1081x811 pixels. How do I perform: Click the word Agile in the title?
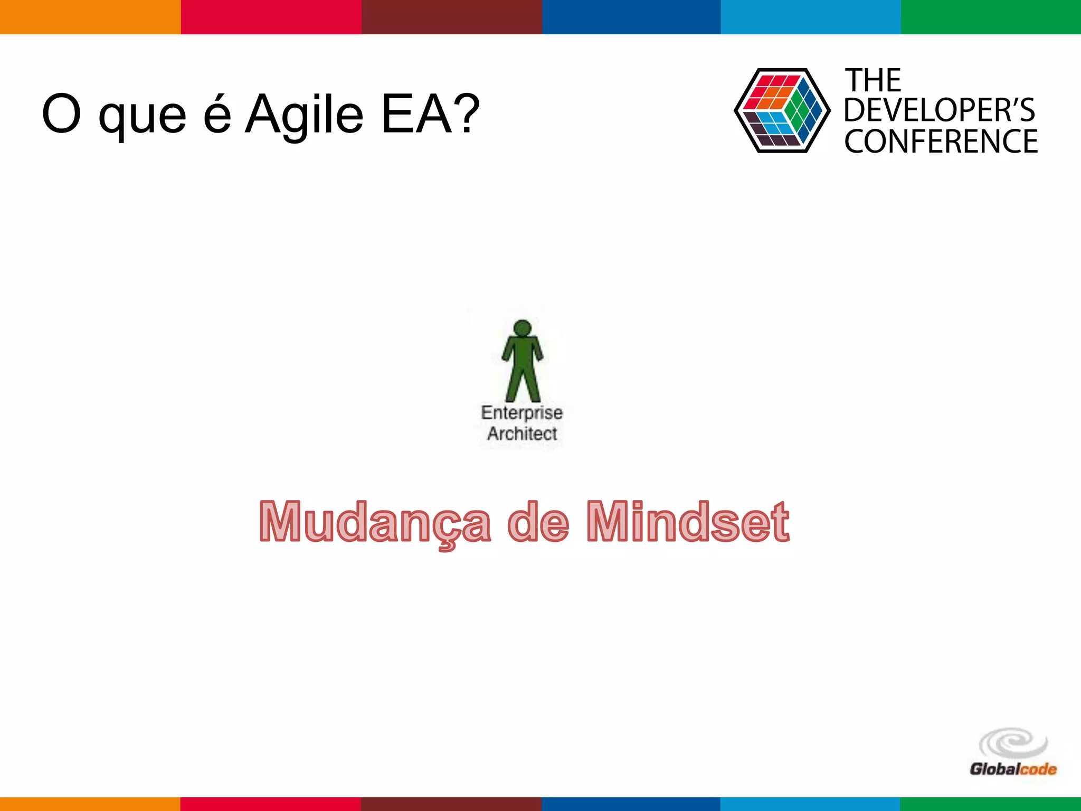(305, 115)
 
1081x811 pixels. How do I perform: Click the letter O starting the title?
(61, 114)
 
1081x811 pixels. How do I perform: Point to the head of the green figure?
(522, 328)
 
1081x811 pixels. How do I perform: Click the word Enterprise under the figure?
(521, 412)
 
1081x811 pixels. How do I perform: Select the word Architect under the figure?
(521, 433)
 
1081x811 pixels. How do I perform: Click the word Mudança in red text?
(375, 523)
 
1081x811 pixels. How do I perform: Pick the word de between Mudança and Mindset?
(538, 523)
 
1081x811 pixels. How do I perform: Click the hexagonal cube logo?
(782, 111)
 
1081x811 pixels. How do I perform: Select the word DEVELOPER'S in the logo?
(939, 110)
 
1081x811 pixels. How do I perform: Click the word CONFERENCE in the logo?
(941, 142)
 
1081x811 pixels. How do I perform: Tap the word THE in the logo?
(873, 80)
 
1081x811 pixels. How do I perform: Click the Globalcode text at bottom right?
(1013, 769)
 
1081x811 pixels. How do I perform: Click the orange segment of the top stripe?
(90, 17)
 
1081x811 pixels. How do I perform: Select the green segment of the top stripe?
(991, 17)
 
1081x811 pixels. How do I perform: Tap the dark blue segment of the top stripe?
(631, 17)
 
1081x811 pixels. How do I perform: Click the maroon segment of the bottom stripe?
(451, 804)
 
